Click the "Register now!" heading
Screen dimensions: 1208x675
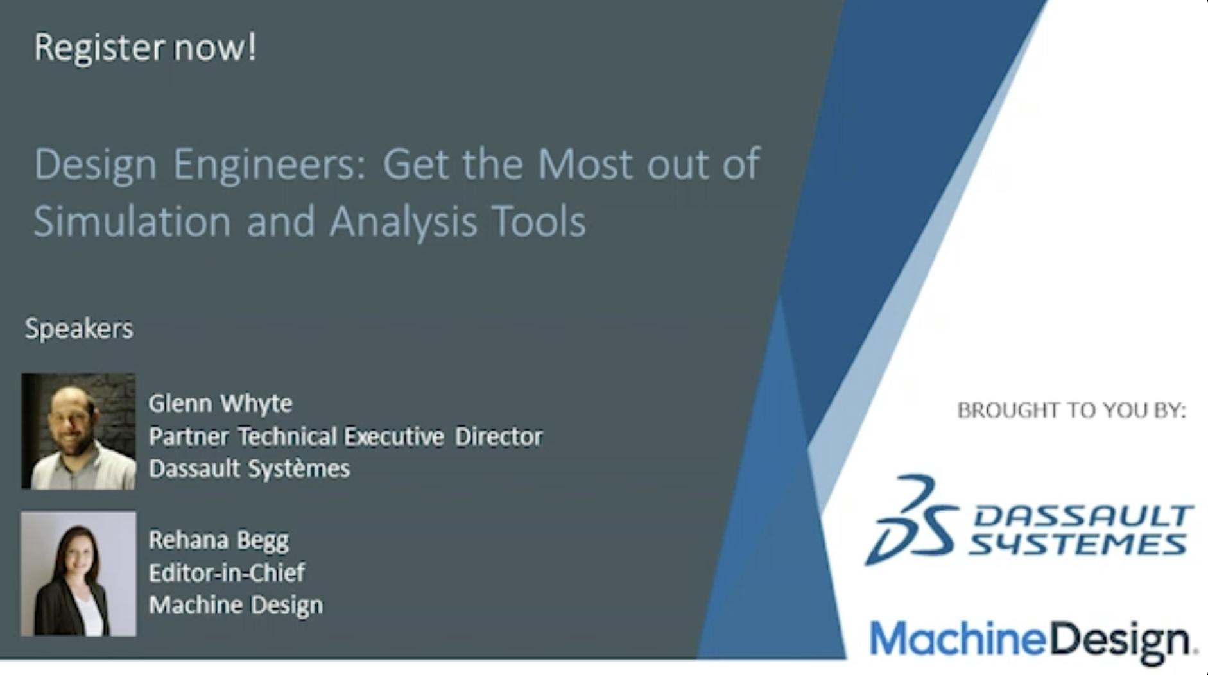pos(145,48)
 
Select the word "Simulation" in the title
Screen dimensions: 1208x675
pos(132,221)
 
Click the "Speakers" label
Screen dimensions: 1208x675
pos(79,329)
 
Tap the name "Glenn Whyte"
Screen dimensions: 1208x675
pos(220,404)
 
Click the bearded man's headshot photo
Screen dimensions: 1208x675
pos(78,431)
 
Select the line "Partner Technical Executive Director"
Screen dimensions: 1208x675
pos(345,436)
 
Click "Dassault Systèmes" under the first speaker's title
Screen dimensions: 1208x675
pos(249,469)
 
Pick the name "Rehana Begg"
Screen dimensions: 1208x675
pos(219,540)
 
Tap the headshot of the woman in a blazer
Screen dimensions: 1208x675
pos(78,574)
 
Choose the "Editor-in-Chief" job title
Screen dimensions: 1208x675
pos(227,572)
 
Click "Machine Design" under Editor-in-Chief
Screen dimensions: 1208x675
pos(236,605)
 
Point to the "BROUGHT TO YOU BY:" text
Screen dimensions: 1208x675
pos(1071,410)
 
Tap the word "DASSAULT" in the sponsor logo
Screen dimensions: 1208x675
pos(1083,516)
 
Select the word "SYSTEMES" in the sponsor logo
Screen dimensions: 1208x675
pos(1078,545)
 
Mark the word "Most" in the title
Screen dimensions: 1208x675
pos(585,164)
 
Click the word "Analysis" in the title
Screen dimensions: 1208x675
pos(403,222)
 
